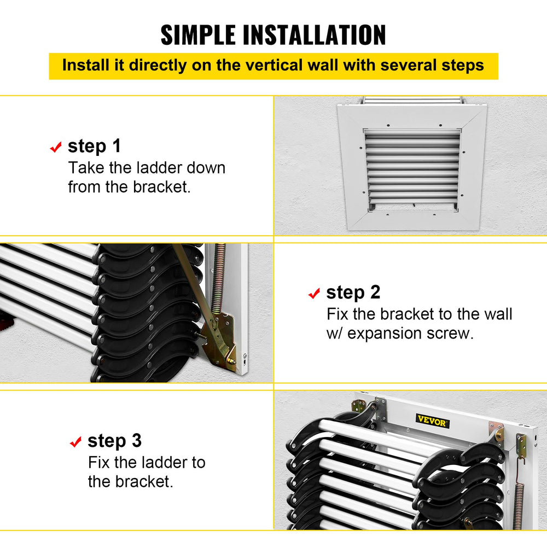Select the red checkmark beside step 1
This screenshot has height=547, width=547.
click(x=55, y=147)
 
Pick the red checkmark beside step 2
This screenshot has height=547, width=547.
click(x=314, y=294)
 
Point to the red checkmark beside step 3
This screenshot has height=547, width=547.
click(x=75, y=441)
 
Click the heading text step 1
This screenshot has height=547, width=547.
click(x=94, y=146)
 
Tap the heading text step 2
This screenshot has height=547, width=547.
click(x=353, y=293)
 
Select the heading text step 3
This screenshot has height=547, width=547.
click(x=114, y=440)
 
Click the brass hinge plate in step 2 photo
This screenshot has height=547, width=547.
click(x=221, y=339)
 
